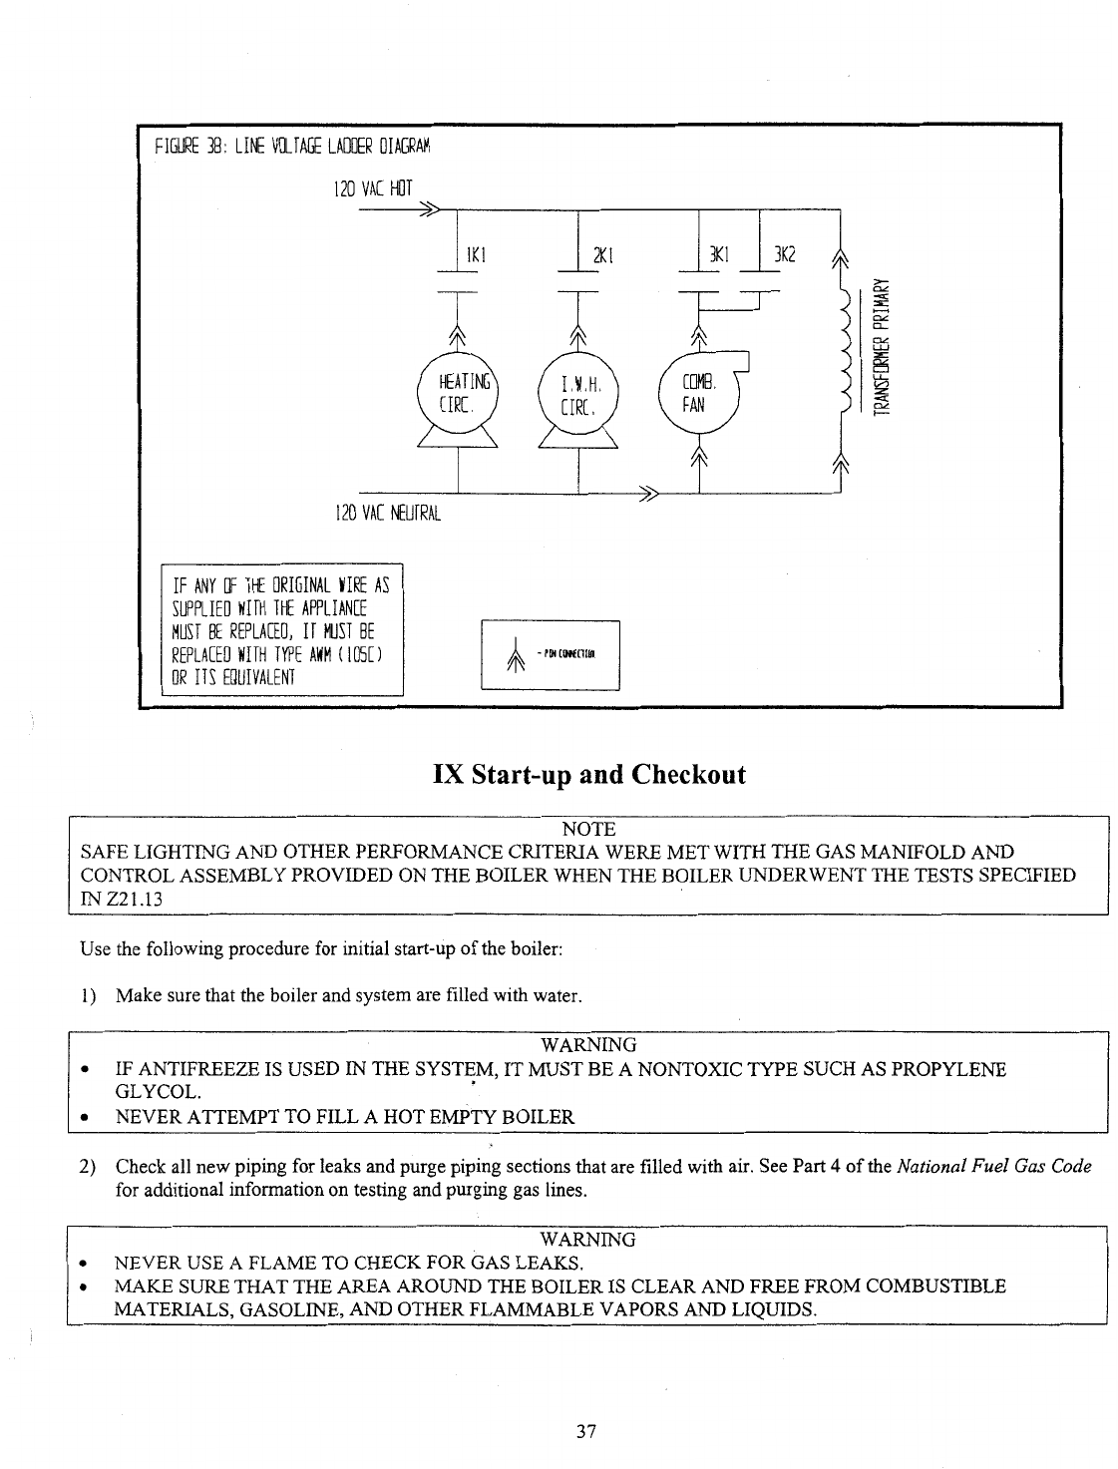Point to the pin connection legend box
click(x=551, y=654)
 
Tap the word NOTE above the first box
click(x=588, y=830)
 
